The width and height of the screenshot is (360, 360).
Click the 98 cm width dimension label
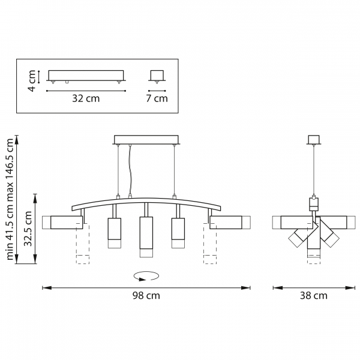146,295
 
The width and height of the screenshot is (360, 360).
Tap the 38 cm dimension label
314,295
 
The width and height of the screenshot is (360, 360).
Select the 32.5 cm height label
28,229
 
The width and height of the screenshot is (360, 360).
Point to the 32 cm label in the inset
86,98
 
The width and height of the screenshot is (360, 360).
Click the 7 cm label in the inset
157,98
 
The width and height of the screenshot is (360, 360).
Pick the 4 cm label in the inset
31,81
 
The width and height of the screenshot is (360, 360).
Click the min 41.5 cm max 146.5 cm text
10,199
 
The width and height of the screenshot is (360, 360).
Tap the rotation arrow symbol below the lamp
146,276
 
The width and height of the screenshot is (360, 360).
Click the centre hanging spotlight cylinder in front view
146,237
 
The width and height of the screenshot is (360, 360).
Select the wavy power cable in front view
130,170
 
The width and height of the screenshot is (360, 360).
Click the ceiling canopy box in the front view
146,140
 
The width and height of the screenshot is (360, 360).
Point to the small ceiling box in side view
314,140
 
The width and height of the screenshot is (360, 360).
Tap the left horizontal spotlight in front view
62,222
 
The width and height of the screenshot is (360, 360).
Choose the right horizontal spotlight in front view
230,222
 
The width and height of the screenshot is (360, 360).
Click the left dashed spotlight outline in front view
83,244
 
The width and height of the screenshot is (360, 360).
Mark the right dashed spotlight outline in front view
210,244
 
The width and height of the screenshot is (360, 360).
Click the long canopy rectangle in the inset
86,76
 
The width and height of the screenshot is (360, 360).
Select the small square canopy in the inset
157,76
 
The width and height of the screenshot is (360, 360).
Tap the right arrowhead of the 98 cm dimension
245,287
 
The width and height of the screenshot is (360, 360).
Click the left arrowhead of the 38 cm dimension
278,287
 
